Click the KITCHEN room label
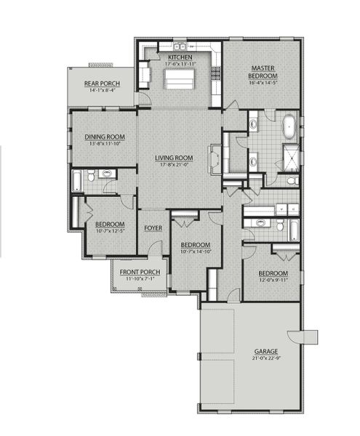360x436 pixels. coord(179,57)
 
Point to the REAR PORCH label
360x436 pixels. coord(101,84)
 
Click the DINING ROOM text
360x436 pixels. coord(105,136)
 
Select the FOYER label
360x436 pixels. coord(153,227)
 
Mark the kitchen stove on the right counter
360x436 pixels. coord(215,73)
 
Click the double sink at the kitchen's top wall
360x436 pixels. coord(179,47)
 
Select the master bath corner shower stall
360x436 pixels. coord(291,156)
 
